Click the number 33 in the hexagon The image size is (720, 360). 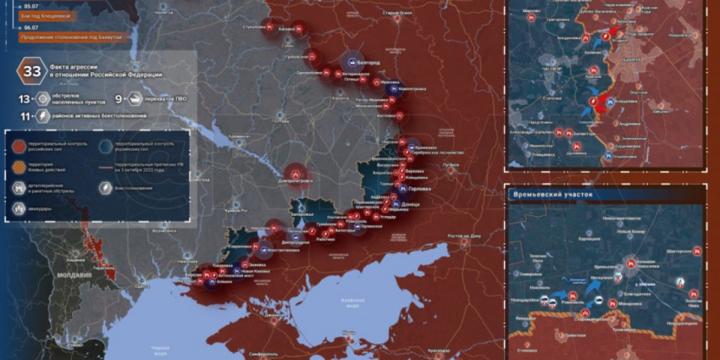(x=32, y=71)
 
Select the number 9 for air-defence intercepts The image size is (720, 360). (x=118, y=99)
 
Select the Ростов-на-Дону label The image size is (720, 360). (x=463, y=235)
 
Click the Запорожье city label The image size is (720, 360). (x=300, y=215)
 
